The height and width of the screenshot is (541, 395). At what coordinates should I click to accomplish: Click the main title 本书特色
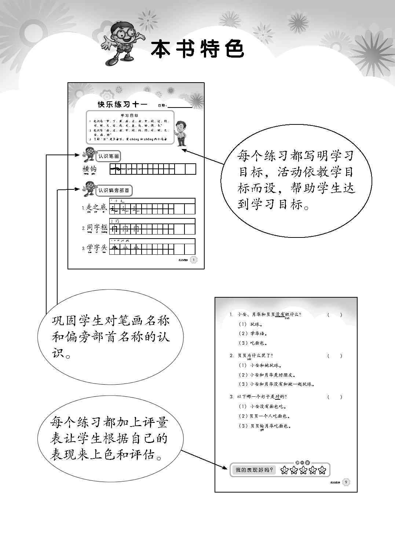197,49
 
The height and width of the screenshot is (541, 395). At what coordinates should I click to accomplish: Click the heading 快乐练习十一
122,105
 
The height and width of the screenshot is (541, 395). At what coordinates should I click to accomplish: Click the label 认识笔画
109,156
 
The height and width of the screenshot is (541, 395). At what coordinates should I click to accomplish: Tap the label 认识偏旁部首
114,190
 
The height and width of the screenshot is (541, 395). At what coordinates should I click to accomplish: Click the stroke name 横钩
89,169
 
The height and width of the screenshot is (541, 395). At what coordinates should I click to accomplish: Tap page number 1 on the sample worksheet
194,260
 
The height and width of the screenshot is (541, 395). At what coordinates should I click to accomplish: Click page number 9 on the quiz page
346,482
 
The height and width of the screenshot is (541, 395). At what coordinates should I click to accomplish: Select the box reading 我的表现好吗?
255,470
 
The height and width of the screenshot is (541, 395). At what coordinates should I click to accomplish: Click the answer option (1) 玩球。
251,324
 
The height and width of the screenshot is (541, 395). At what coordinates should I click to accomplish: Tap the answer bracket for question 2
334,356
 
